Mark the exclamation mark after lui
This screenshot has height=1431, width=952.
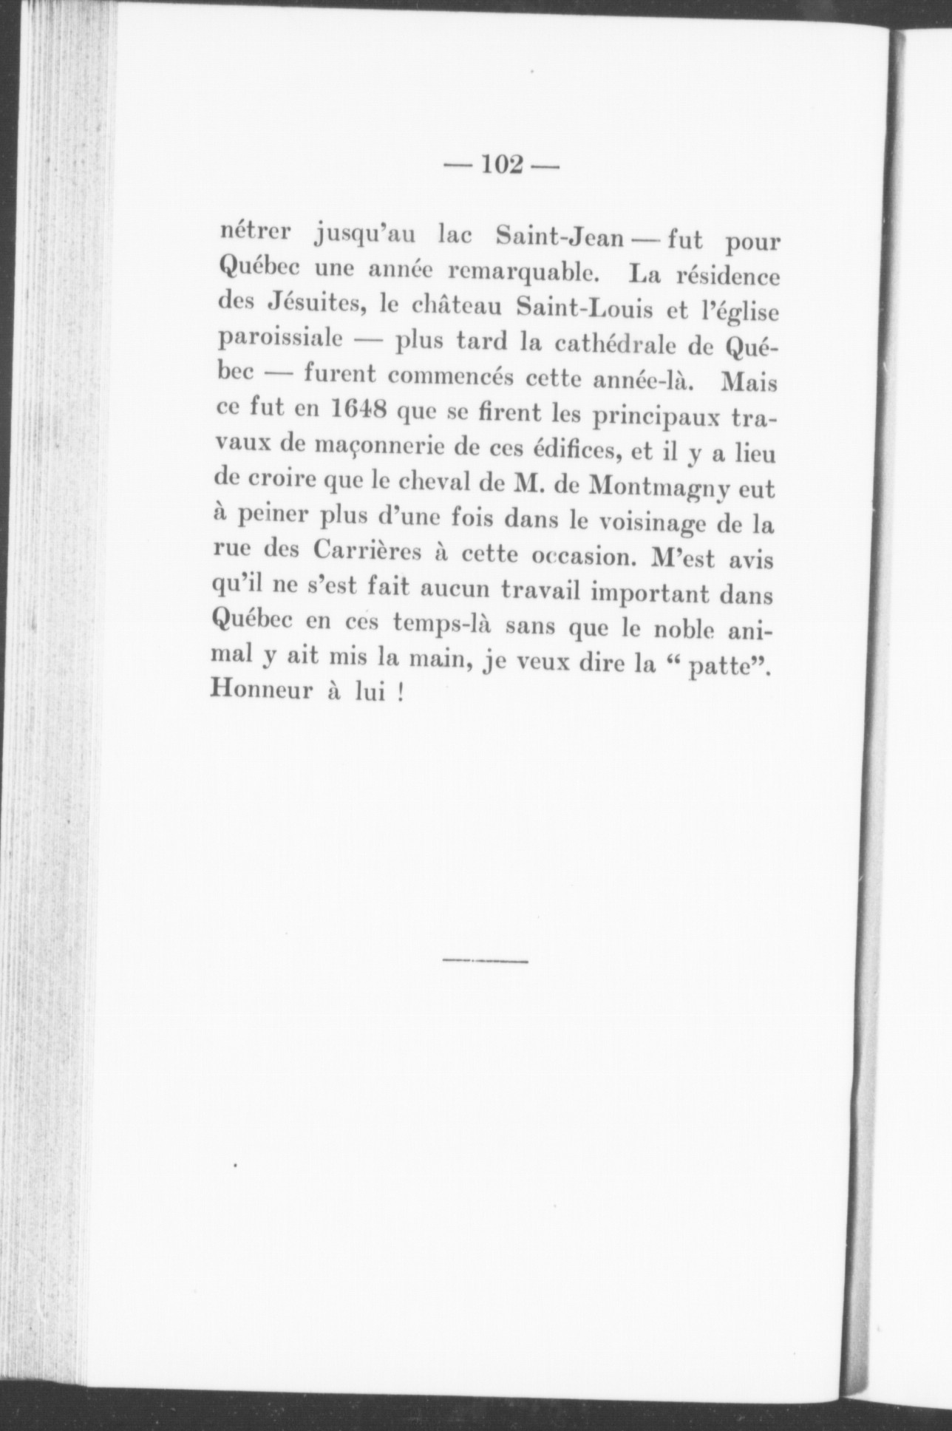400,695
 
